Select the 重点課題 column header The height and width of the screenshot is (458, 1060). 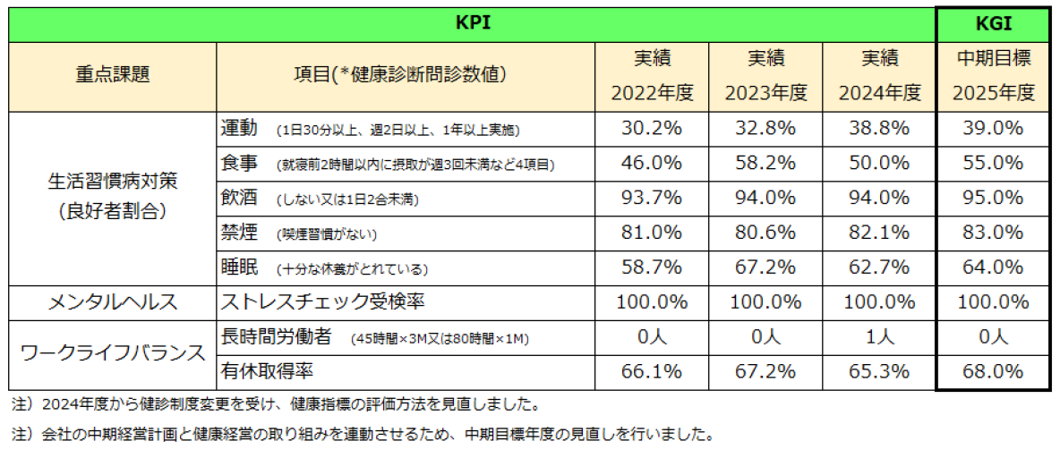[x=113, y=76]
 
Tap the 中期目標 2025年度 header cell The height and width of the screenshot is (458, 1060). [x=994, y=76]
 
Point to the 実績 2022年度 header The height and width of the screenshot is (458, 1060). [x=653, y=76]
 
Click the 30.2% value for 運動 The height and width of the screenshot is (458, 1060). [x=653, y=128]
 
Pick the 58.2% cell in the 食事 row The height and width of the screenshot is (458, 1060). [x=765, y=163]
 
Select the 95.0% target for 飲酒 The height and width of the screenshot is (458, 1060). [x=994, y=198]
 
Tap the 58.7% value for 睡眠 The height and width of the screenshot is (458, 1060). [x=653, y=267]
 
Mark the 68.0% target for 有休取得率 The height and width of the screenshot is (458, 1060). [x=994, y=372]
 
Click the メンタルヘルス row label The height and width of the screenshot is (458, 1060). [x=113, y=302]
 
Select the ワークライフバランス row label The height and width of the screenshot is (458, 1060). [x=113, y=354]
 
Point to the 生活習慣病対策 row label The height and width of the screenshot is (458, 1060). [x=113, y=181]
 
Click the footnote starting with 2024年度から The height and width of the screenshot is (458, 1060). [x=277, y=405]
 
